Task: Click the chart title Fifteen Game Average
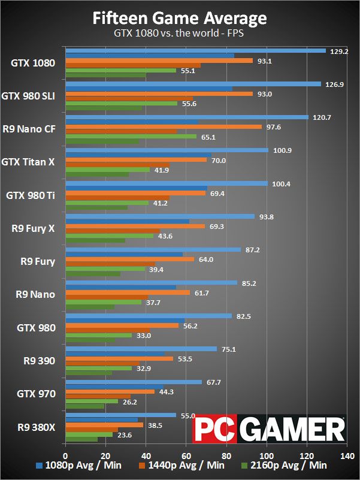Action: tap(180, 19)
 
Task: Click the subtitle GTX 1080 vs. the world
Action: tap(180, 34)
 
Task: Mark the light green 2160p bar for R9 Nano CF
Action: tap(131, 137)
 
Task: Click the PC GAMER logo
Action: tap(269, 429)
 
